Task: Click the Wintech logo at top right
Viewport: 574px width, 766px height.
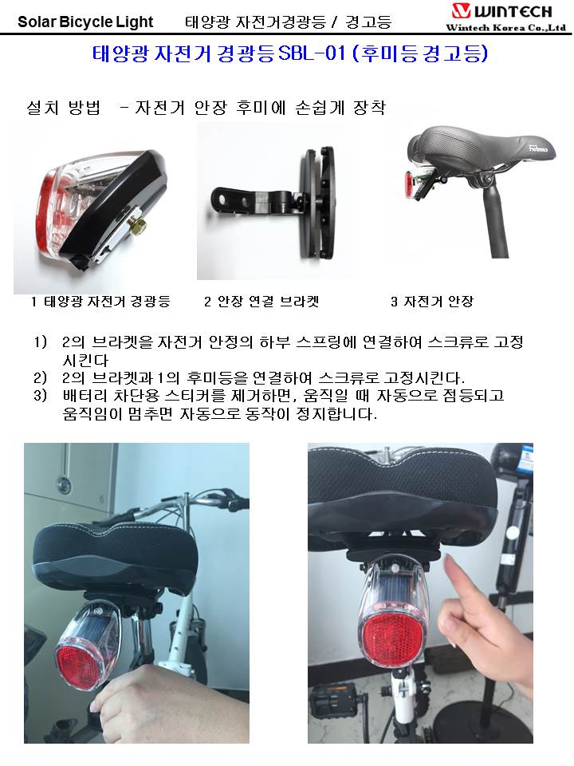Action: point(501,10)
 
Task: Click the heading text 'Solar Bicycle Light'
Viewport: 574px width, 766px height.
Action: point(85,22)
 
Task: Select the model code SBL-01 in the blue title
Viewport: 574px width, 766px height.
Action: point(312,53)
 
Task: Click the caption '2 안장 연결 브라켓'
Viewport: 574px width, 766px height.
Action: point(261,302)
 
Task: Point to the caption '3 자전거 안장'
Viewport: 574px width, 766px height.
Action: point(432,302)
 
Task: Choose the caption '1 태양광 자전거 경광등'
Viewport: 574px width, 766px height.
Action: point(100,302)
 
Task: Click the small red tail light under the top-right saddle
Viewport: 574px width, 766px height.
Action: point(410,184)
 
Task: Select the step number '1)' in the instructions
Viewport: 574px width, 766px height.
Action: point(41,342)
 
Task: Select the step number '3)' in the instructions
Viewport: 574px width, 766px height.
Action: point(41,395)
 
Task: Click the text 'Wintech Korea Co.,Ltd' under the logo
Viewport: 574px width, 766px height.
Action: point(505,27)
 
